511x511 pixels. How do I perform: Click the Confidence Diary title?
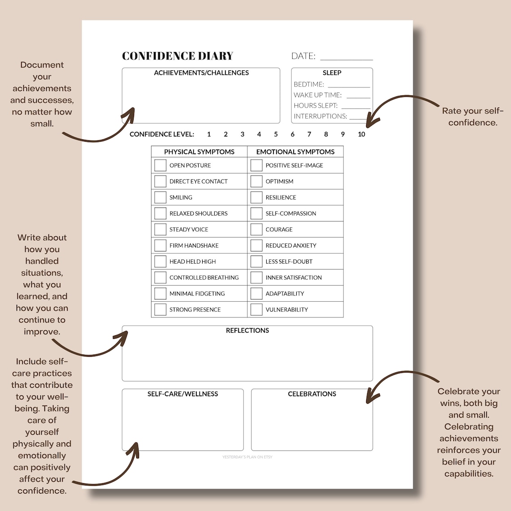178,56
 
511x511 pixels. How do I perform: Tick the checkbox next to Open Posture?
160,165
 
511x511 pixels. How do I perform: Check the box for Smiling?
160,197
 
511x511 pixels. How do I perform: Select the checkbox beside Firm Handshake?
160,246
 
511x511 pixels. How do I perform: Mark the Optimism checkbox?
256,182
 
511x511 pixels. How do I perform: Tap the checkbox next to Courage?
256,230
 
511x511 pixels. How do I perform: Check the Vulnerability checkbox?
256,310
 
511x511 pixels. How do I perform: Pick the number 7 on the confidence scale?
309,134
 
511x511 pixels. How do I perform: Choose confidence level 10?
361,134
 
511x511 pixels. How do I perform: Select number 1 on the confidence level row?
209,134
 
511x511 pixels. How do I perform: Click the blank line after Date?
346,57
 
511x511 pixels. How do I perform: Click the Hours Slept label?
316,106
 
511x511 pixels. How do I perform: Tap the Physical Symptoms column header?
199,152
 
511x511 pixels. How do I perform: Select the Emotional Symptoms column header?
295,152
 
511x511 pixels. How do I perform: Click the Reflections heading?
247,330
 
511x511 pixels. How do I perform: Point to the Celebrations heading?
312,394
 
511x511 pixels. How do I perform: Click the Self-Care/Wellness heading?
183,394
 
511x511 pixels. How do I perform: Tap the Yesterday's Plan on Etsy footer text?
247,457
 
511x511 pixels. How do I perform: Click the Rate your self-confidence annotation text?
473,117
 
